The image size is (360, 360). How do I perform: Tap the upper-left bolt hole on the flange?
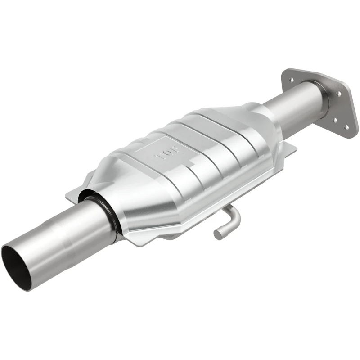point(292,80)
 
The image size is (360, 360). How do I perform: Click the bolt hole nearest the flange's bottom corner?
point(346,127)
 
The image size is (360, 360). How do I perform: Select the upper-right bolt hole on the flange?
point(339,94)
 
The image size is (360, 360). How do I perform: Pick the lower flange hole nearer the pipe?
point(335,120)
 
